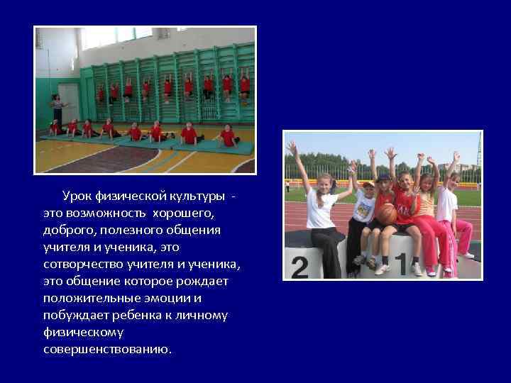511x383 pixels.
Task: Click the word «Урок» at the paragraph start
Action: pos(76,195)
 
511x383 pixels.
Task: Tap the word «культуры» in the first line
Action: pos(199,195)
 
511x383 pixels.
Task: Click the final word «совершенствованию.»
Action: pos(107,349)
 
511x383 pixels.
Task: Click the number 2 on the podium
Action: pos(300,267)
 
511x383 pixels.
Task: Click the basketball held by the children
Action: pos(386,213)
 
